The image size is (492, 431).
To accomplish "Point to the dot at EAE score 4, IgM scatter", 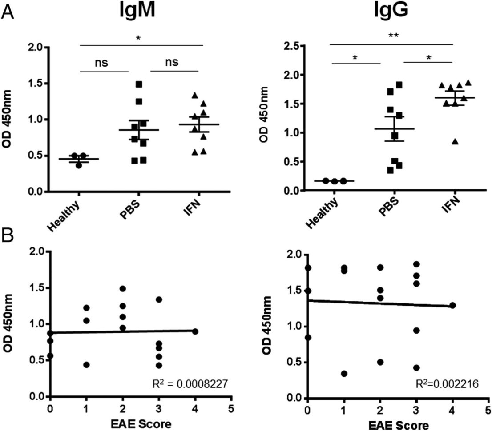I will [195, 331].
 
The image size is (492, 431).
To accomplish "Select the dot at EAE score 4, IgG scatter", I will [452, 305].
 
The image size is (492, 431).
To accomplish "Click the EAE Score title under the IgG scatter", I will [399, 424].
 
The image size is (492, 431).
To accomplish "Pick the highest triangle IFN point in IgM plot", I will [194, 95].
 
